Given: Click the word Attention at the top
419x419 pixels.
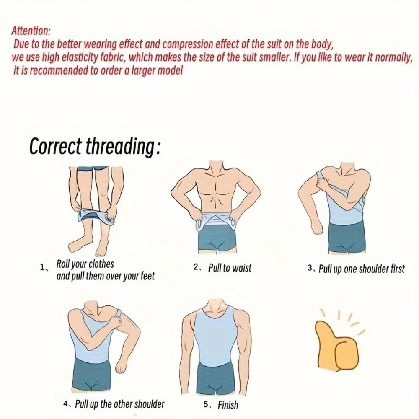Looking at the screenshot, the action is pos(30,31).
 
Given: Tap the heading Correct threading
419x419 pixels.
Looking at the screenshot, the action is pos(95,146).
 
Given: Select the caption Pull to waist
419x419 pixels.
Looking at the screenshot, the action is pos(230,268).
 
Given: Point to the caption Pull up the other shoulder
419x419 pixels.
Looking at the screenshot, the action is pos(119,404).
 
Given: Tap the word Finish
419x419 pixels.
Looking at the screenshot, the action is pos(228,405).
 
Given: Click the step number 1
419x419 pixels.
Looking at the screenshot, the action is pos(42,267).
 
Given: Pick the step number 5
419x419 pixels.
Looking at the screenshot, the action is pos(206,405).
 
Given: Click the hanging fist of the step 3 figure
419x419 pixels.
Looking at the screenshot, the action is pos(318,228).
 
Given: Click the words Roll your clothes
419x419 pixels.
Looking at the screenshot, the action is pos(85,264).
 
